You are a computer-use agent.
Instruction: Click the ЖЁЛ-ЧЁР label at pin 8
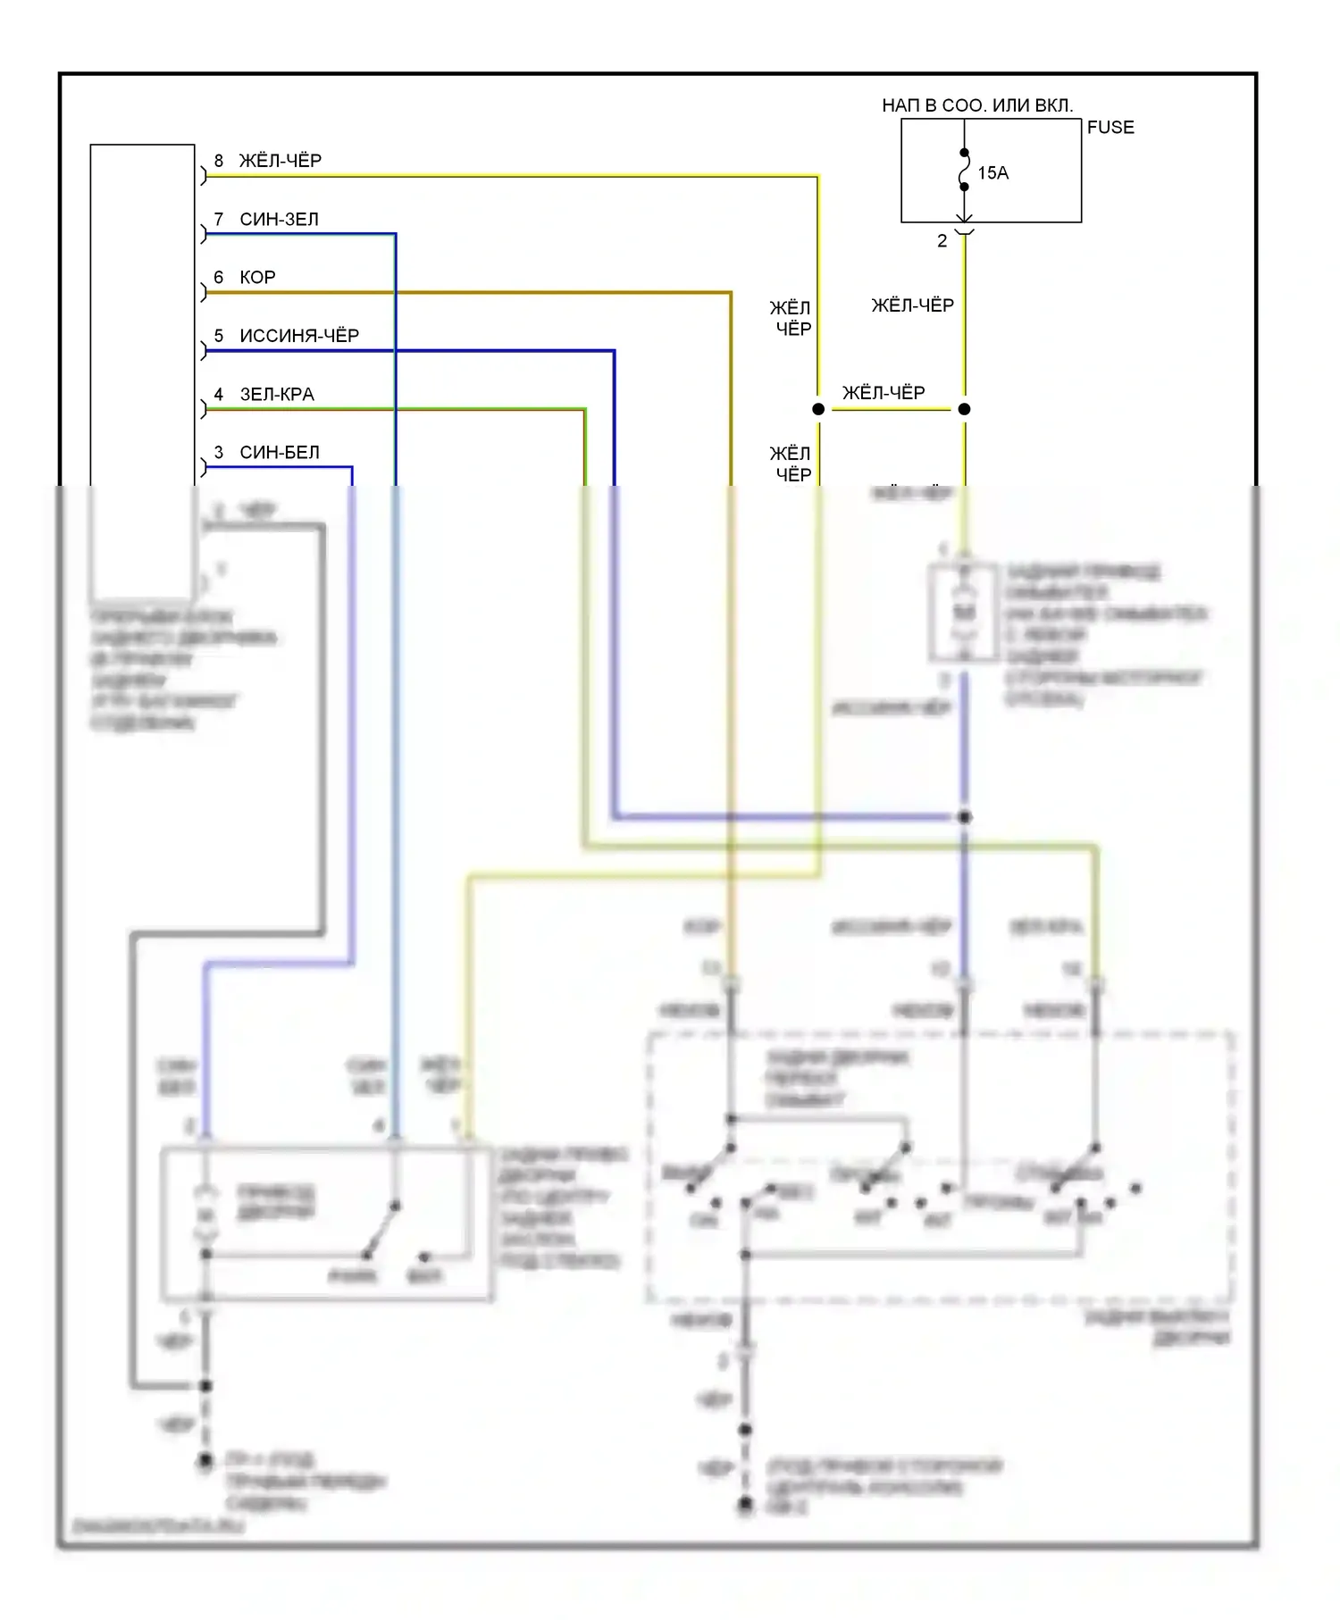pos(280,161)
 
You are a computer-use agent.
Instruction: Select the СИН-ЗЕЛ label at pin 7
pos(279,220)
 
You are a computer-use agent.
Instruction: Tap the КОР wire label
pos(257,278)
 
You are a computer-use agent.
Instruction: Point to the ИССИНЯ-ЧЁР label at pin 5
pos(299,336)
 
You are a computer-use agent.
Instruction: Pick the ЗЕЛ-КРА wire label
pos(277,395)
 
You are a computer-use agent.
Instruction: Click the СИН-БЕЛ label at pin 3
pos(280,453)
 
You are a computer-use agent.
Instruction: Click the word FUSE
pos(1110,128)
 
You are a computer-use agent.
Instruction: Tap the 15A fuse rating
pos(992,173)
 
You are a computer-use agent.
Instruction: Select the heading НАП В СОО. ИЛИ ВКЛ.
pos(977,105)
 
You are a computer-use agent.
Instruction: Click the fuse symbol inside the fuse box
pos(964,171)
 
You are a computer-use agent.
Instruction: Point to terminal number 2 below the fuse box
pos(942,241)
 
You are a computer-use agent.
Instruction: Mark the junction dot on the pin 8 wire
pos(818,409)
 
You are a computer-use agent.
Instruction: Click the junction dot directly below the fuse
pos(964,409)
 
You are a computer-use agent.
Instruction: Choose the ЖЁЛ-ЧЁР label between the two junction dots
pos(884,393)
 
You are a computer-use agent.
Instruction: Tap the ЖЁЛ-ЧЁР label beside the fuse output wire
pos(912,305)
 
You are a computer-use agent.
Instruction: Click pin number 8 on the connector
pos(219,161)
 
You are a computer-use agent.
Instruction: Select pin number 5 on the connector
pos(219,336)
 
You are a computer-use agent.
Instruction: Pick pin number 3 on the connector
pos(219,453)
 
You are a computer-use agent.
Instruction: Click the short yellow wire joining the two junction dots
pos(891,410)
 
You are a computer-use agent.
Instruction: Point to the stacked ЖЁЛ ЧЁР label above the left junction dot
pos(791,319)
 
